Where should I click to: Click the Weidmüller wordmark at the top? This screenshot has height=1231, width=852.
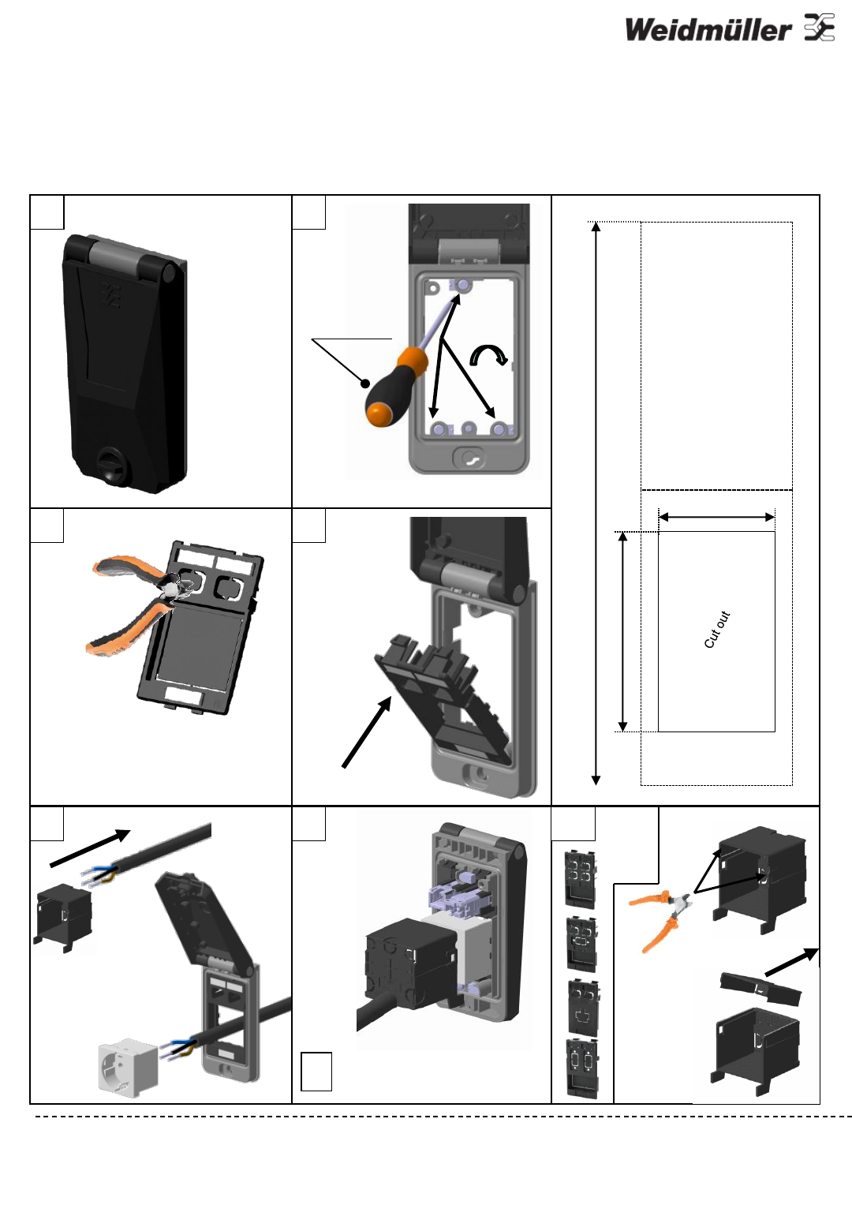point(708,30)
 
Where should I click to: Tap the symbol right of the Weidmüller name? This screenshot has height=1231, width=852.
point(820,28)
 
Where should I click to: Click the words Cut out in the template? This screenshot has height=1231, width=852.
point(717,629)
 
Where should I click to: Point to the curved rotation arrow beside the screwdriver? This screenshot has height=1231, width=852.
point(489,355)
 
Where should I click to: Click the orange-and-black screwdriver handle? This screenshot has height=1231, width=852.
point(395,386)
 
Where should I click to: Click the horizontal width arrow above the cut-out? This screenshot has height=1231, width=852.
point(716,517)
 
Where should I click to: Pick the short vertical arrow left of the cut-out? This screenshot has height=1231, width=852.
point(622,631)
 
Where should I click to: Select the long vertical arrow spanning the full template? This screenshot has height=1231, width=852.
point(596,503)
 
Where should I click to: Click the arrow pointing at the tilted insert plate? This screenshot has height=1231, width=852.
point(366,731)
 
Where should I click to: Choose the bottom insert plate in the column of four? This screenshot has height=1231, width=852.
point(582,1068)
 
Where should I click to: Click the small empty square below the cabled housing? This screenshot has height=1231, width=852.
point(316,1071)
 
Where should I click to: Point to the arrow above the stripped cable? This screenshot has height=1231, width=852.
point(90,848)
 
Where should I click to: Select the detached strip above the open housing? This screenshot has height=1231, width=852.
point(760,989)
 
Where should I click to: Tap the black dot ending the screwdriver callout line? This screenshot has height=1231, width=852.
point(364,384)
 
